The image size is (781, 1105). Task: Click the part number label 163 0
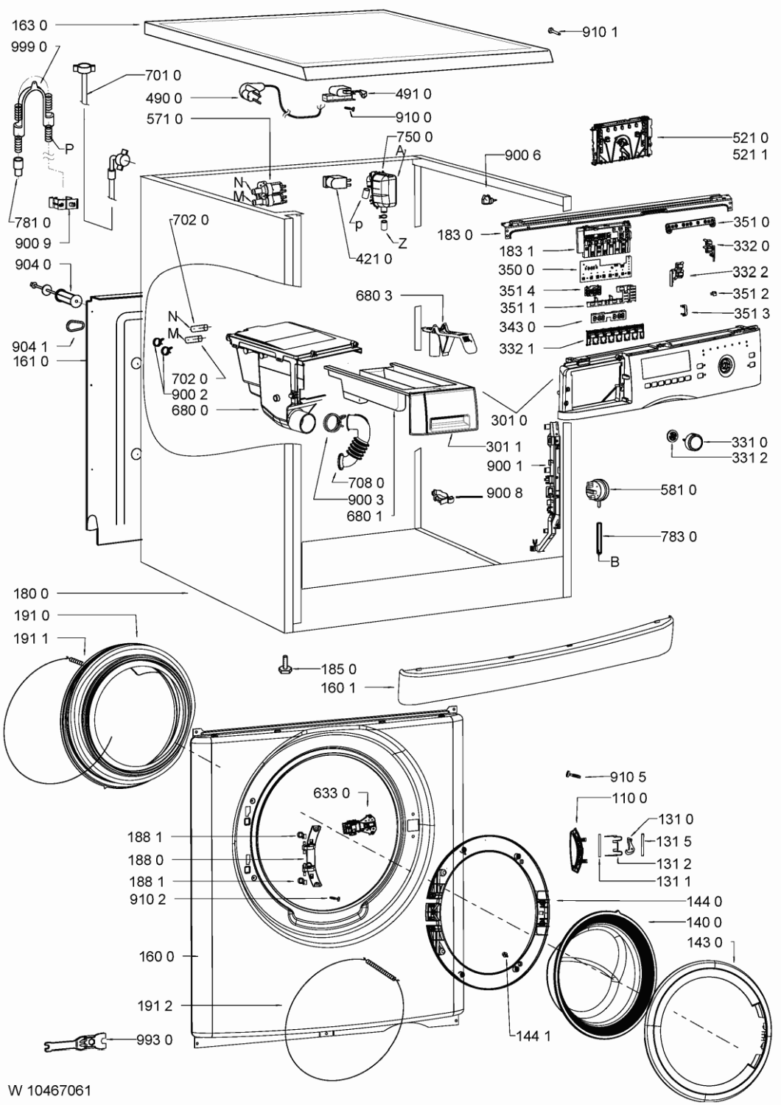[x=30, y=24]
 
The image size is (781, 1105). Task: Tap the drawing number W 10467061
[x=50, y=1090]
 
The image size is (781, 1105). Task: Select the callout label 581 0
[x=679, y=490]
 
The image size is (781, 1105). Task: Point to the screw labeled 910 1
[x=553, y=32]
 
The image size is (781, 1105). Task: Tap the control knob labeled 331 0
[x=693, y=441]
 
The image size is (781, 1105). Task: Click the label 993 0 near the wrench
[x=155, y=1039]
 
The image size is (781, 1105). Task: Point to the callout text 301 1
[x=504, y=446]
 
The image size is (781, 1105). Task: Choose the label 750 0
[x=414, y=136]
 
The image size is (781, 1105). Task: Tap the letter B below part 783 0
[x=614, y=561]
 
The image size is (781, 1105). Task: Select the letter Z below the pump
[x=402, y=243]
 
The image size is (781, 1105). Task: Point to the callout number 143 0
[x=705, y=942]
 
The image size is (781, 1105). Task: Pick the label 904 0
[x=33, y=265]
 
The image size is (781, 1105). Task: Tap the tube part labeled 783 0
[x=599, y=539]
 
